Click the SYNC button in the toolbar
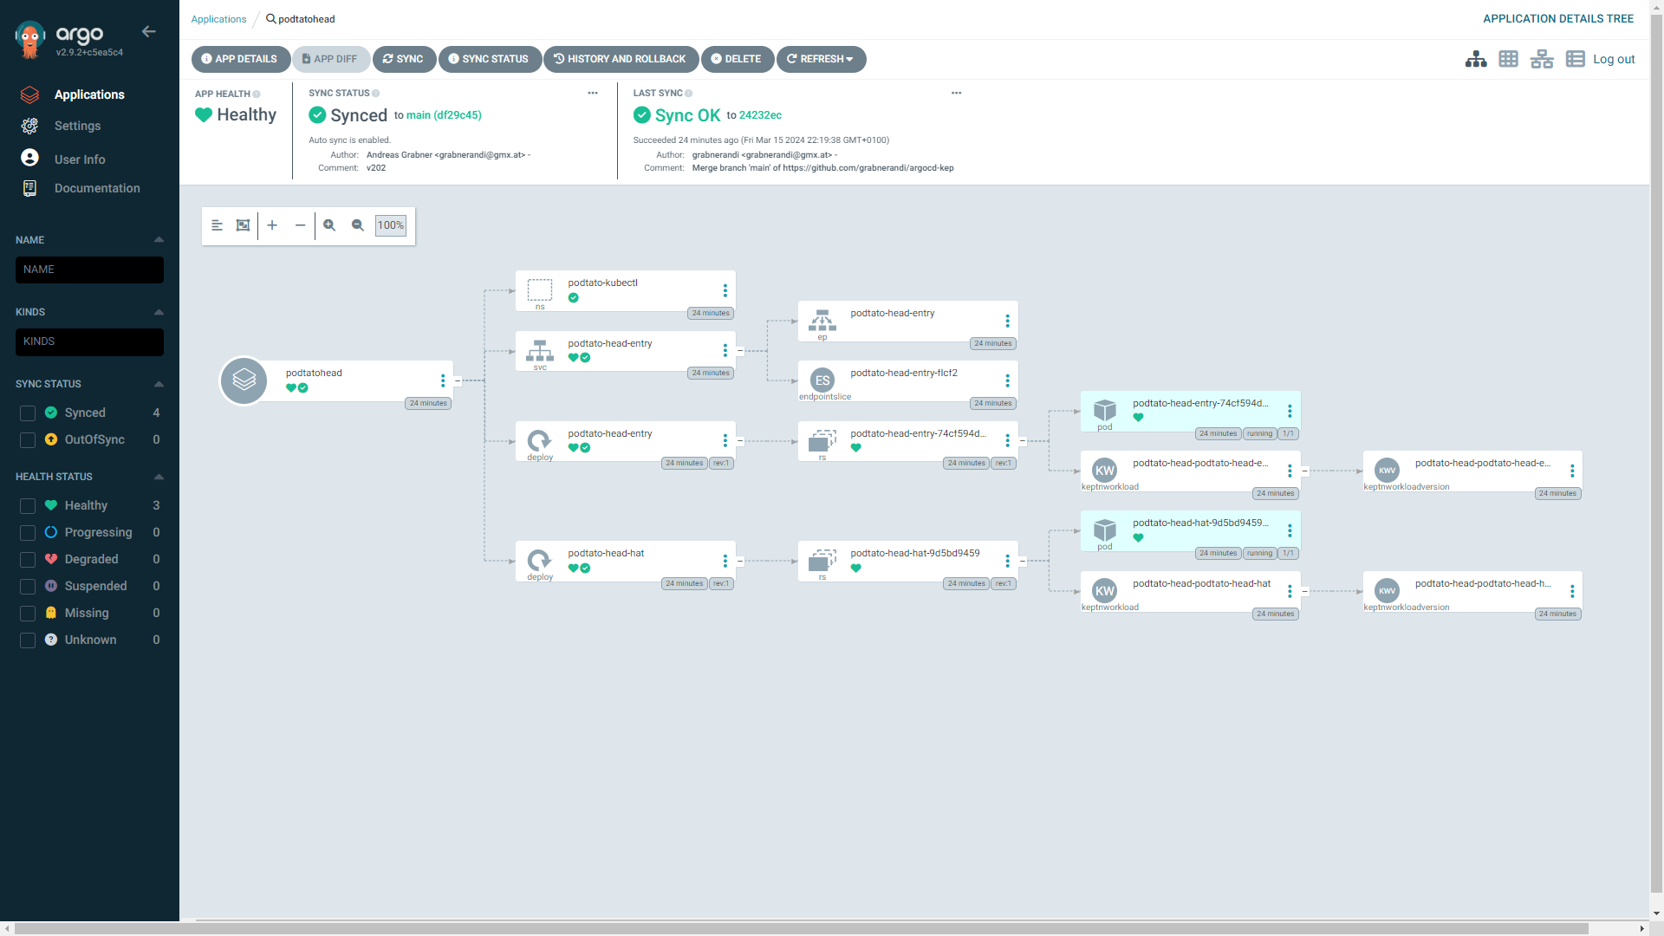(404, 59)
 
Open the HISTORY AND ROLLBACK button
(621, 59)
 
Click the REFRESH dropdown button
(821, 59)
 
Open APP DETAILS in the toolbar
(240, 59)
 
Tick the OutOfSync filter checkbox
(28, 440)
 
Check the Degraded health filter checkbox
(28, 560)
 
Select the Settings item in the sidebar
(77, 126)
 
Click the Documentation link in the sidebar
(96, 188)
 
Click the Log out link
(1613, 59)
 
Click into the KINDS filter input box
(89, 341)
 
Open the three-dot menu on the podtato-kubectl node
(725, 291)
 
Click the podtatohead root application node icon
(244, 380)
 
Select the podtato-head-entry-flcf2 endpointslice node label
(903, 373)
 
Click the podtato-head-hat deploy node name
(606, 553)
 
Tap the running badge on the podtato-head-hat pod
(1259, 553)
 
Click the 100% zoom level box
(390, 225)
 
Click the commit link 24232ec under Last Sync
(760, 115)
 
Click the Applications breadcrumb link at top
(218, 19)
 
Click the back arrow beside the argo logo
(149, 32)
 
